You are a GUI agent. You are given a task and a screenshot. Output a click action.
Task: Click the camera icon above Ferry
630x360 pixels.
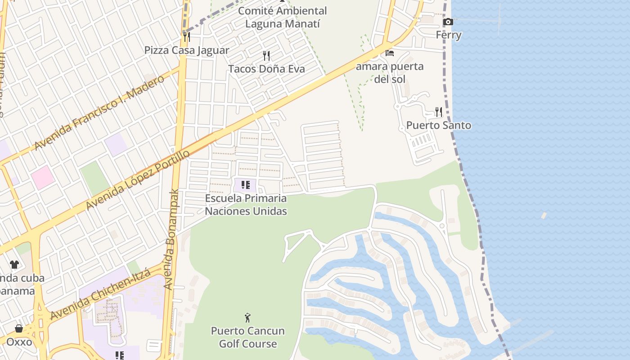[448, 22]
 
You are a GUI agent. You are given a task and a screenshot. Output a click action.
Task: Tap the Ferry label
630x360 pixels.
[449, 35]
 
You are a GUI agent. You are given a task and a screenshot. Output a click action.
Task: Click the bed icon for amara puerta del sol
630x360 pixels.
[390, 53]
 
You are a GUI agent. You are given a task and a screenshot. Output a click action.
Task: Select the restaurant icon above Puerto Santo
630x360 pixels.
[438, 112]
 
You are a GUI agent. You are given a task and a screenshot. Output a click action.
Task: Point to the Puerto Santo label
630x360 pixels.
[439, 125]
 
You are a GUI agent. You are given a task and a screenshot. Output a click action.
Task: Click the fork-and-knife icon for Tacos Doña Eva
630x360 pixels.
[266, 56]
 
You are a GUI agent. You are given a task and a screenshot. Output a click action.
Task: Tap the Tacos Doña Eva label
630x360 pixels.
[266, 69]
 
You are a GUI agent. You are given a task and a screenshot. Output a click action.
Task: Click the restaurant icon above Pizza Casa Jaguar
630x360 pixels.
[186, 37]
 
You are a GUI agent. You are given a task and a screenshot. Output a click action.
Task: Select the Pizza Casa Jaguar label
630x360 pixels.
[187, 50]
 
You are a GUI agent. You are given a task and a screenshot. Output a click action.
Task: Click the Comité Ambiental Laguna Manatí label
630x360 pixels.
[283, 17]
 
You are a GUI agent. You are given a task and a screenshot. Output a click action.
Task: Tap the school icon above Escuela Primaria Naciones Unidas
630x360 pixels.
[246, 184]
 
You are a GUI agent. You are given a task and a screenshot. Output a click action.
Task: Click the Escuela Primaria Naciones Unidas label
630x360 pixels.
[246, 204]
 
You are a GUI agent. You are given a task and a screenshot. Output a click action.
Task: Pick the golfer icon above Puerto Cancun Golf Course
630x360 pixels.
[247, 318]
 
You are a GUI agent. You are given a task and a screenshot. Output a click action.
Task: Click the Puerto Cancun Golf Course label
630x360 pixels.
[248, 337]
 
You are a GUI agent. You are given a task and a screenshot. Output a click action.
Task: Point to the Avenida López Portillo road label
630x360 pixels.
[138, 180]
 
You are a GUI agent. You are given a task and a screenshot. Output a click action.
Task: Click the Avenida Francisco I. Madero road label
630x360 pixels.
[99, 113]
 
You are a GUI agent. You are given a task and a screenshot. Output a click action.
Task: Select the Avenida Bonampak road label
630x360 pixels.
[171, 239]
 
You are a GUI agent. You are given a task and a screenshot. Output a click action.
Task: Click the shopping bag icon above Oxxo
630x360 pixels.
[19, 328]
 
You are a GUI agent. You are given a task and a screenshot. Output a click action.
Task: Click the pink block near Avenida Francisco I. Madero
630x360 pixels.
[43, 177]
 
